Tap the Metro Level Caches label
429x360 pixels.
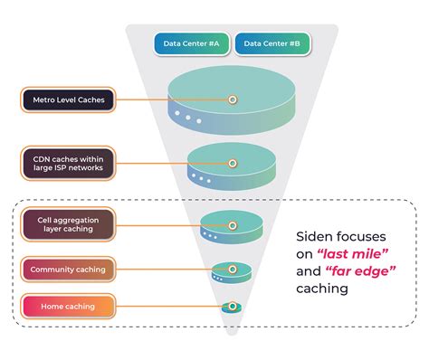point(68,99)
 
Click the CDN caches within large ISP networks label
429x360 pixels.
point(68,163)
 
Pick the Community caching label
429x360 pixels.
point(68,269)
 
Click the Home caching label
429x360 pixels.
point(68,307)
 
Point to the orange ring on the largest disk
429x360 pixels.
point(233,99)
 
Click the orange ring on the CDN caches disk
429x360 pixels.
point(233,164)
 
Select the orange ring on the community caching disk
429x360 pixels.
point(232,269)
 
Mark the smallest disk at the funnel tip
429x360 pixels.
point(232,308)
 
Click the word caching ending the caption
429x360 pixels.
point(324,289)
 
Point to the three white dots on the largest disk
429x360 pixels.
point(187,118)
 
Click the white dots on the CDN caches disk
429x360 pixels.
point(201,178)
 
